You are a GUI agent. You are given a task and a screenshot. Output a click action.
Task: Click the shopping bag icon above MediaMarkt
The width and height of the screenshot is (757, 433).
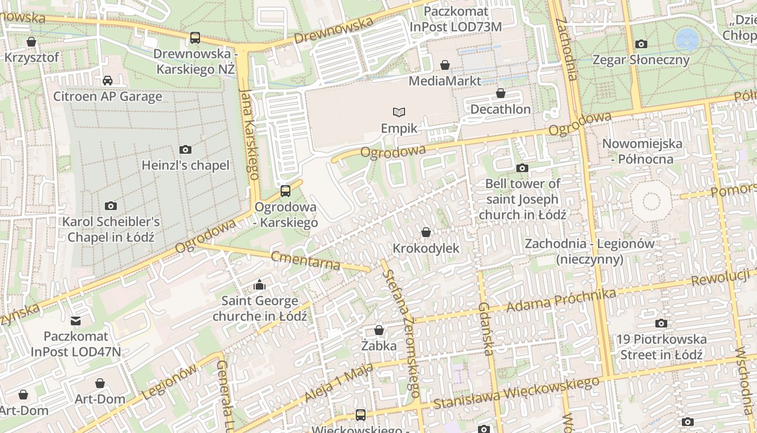click(445, 65)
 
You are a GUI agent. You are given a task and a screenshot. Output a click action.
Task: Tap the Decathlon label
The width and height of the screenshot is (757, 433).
click(500, 109)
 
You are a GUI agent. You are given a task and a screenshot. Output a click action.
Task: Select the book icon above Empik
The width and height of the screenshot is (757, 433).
click(399, 112)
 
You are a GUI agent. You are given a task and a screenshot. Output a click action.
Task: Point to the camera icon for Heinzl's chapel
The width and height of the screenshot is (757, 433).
click(185, 149)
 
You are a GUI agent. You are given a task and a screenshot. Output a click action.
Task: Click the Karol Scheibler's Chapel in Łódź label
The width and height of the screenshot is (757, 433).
click(111, 229)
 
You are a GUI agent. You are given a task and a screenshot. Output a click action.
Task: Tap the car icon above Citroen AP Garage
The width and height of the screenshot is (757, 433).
click(108, 81)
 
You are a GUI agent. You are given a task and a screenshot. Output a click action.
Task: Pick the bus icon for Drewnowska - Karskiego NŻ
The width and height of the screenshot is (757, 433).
click(195, 38)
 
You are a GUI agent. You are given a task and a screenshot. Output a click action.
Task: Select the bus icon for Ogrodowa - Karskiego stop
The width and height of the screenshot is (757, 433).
click(285, 191)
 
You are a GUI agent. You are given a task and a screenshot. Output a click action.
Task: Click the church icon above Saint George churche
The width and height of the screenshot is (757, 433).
click(260, 285)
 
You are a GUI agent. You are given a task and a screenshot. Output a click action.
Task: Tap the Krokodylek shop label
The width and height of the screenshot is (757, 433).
click(426, 248)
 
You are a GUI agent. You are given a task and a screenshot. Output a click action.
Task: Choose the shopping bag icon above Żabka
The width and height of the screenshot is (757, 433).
click(379, 330)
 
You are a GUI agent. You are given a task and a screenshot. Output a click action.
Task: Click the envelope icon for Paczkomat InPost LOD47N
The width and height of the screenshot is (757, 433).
click(76, 321)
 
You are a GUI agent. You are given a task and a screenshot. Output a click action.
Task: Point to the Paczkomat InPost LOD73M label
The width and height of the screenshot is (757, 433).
click(455, 19)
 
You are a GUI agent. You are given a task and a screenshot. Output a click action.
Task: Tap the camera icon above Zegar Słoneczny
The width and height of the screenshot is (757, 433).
click(641, 44)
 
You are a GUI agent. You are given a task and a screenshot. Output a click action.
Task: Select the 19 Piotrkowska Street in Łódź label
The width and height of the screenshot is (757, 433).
click(661, 347)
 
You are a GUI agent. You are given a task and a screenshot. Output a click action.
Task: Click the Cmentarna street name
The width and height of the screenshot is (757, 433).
click(306, 260)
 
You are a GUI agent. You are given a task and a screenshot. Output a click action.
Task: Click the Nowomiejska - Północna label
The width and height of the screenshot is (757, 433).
click(642, 152)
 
